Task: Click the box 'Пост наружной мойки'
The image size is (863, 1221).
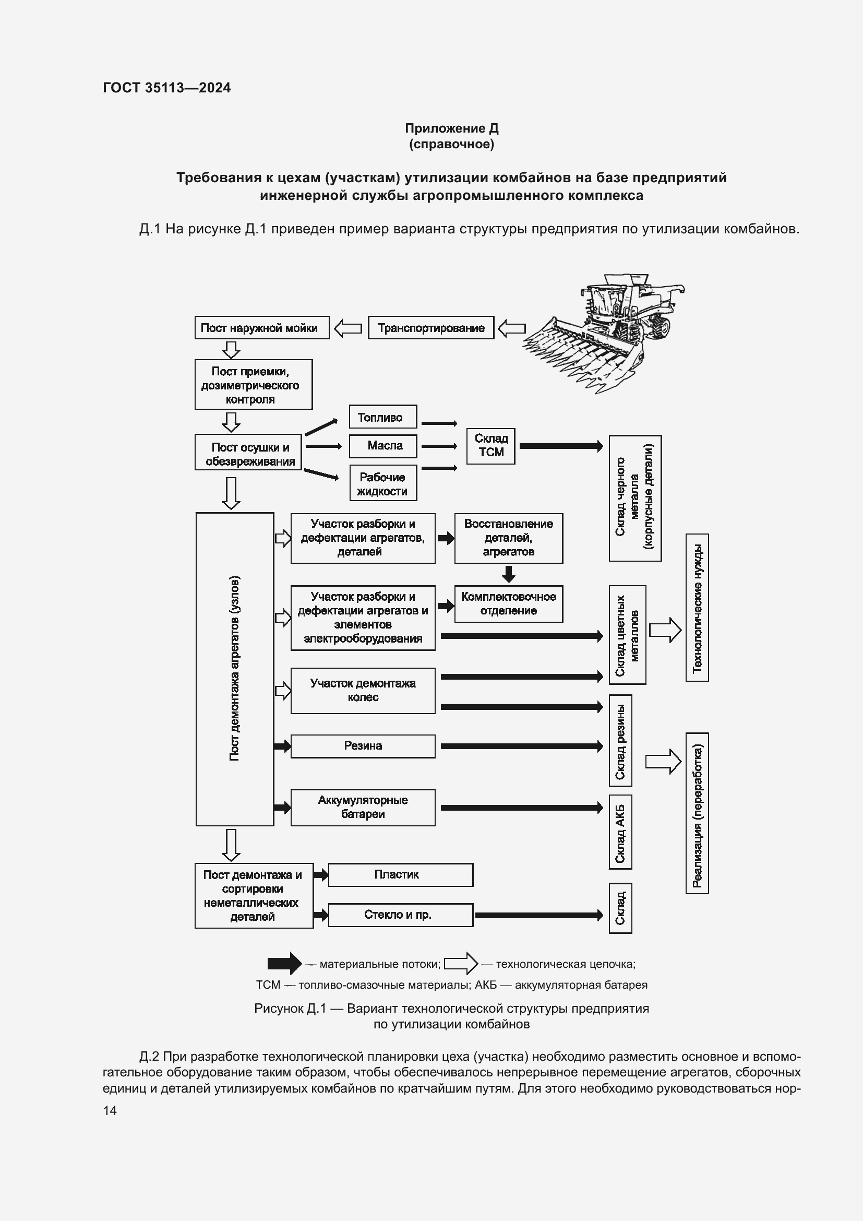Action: (261, 328)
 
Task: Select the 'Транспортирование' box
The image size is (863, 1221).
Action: (430, 328)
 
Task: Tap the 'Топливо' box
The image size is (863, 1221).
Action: (382, 417)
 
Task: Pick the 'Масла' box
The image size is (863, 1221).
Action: (382, 446)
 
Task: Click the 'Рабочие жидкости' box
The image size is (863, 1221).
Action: (382, 483)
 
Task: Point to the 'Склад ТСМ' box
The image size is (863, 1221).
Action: (490, 446)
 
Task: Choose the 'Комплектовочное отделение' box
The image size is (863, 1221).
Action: (509, 603)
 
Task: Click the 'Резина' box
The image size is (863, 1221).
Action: (363, 745)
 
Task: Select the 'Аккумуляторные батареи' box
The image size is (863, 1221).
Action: (363, 807)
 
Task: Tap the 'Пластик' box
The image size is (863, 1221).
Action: (400, 875)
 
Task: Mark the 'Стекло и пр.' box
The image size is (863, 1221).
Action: (400, 915)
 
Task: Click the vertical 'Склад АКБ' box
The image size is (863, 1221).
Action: (620, 832)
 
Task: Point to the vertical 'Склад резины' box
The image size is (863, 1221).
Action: (620, 741)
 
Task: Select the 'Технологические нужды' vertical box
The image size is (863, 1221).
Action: (697, 607)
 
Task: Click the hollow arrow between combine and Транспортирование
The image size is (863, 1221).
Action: (512, 328)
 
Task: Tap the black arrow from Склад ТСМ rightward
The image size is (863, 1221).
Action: (560, 446)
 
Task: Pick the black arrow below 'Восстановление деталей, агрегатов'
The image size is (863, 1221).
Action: (509, 574)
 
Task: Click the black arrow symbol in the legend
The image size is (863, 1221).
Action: (284, 964)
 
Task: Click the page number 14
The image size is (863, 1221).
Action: (110, 1110)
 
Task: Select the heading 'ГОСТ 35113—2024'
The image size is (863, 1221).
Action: (167, 88)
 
